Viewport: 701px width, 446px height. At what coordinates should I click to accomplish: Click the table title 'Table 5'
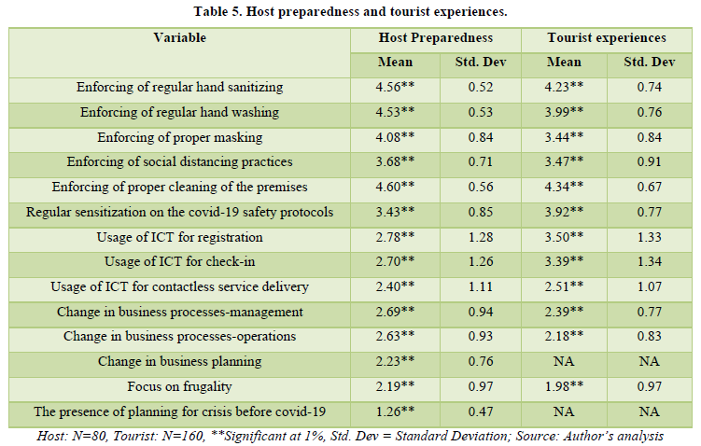coord(350,11)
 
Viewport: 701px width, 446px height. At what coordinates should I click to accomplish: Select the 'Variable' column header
coord(180,38)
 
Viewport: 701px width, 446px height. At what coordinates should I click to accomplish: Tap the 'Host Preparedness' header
coord(435,38)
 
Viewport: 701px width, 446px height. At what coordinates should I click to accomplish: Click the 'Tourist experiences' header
coord(607,38)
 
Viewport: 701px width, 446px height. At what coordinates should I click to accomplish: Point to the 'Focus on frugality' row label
coord(180,385)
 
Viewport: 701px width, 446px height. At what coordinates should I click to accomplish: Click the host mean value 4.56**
coord(397,88)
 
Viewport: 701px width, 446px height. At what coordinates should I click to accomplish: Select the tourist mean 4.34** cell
coord(566,188)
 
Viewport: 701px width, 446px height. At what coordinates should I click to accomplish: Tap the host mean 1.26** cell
coord(397,411)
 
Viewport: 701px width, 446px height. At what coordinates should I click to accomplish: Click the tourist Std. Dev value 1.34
coord(649,262)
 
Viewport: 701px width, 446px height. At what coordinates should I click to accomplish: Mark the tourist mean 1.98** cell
coord(566,385)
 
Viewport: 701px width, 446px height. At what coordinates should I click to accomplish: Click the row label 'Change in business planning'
coord(180,361)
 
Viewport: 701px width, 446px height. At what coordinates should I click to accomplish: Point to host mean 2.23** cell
coord(397,361)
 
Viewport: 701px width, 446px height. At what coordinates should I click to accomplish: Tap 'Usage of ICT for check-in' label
coord(180,262)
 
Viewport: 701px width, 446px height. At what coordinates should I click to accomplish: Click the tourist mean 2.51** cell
coord(566,286)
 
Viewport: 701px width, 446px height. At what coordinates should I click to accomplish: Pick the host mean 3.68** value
coord(397,162)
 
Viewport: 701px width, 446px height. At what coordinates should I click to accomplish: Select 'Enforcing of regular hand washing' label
coord(180,113)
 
